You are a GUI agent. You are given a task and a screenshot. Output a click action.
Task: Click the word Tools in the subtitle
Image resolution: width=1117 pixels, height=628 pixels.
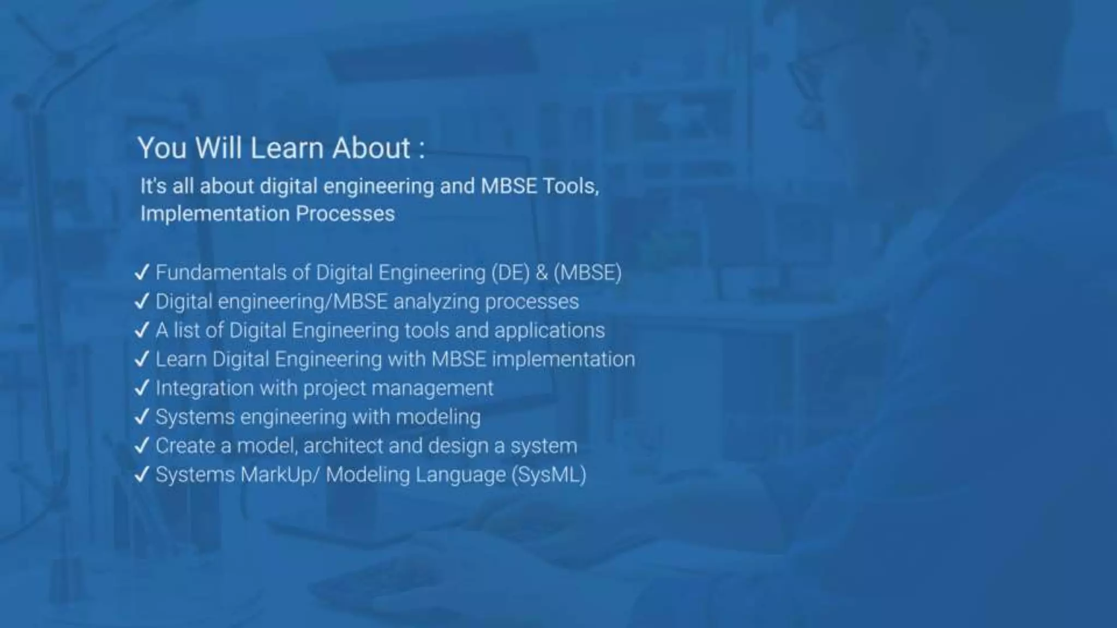point(570,186)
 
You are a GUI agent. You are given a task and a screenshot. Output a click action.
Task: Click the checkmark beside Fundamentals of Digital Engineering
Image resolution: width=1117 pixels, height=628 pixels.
point(142,273)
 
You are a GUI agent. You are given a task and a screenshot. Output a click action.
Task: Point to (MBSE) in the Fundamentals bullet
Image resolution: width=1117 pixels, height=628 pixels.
point(587,273)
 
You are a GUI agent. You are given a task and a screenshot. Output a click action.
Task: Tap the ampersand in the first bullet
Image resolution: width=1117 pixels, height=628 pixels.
point(542,273)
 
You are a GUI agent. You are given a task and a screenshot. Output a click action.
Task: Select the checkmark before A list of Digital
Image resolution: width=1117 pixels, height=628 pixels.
point(142,330)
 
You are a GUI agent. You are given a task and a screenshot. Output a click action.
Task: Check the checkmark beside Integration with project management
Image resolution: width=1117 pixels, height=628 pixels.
point(142,388)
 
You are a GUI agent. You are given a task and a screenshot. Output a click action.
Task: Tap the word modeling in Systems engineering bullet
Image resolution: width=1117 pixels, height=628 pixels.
point(438,418)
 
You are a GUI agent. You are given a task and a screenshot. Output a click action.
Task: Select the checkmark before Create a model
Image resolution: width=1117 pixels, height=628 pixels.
point(142,446)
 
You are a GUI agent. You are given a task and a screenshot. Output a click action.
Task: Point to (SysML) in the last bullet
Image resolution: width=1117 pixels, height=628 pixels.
point(549,475)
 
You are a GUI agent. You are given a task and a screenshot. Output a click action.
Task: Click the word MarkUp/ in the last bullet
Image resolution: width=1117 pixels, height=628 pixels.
point(280,475)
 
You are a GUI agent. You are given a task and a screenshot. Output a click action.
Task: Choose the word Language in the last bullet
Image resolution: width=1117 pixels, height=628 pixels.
point(460,475)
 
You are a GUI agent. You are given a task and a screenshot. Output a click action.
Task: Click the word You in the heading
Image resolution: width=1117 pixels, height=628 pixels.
point(162,148)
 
